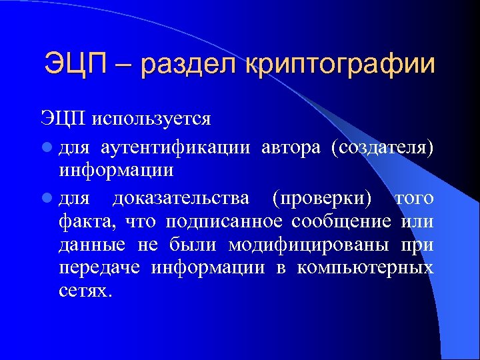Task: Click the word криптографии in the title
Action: click(341, 65)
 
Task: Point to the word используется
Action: click(151, 119)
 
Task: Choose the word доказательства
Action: click(181, 199)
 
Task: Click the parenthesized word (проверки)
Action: click(322, 199)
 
